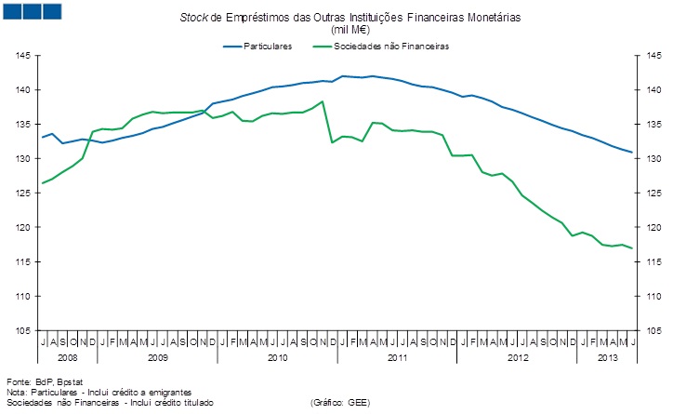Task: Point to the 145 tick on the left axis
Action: pyautogui.click(x=23, y=56)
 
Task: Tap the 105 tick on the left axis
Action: pyautogui.click(x=23, y=330)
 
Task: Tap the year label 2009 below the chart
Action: pyautogui.click(x=157, y=357)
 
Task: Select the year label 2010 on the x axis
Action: pyautogui.click(x=277, y=357)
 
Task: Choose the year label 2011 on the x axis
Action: pyautogui.click(x=397, y=357)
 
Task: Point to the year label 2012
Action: pyautogui.click(x=517, y=357)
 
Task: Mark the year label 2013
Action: pyautogui.click(x=607, y=357)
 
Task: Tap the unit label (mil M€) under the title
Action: pyautogui.click(x=336, y=30)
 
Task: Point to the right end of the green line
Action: pyautogui.click(x=633, y=248)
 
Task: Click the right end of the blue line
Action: pyautogui.click(x=633, y=153)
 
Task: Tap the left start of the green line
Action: pyautogui.click(x=42, y=183)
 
